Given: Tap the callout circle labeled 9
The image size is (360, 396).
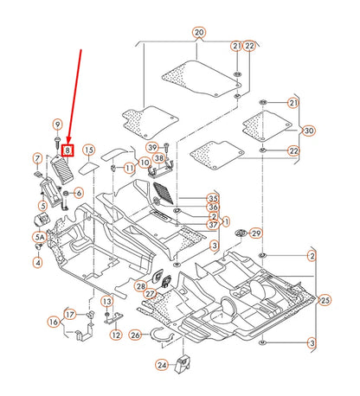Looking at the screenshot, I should coord(57,125).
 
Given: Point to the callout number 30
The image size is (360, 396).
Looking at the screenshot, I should coord(309,131).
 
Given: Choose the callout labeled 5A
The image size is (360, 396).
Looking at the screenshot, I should coord(40,236).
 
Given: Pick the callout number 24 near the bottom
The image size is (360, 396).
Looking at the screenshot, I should coord(162,364).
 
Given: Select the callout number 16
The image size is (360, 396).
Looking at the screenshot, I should coord(53,322).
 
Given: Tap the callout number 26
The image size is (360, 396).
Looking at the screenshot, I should coord(135,334).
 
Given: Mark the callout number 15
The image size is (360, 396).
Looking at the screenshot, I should coord(88,150).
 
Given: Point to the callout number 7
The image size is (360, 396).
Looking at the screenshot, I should coord(37,158).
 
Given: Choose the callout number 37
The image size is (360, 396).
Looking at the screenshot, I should coord(213,226).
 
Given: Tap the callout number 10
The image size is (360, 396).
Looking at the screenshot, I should coord(144,162).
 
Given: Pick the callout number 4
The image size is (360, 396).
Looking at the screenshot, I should coord(38,261).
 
